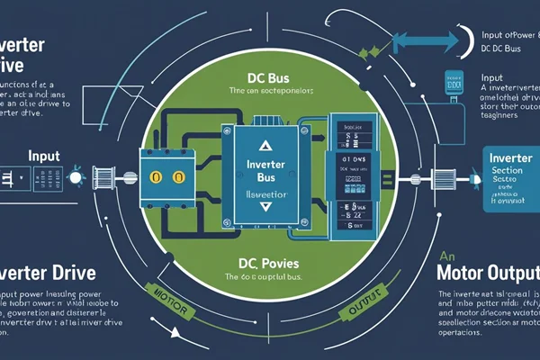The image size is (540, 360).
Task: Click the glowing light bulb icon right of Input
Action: click(x=75, y=170)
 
